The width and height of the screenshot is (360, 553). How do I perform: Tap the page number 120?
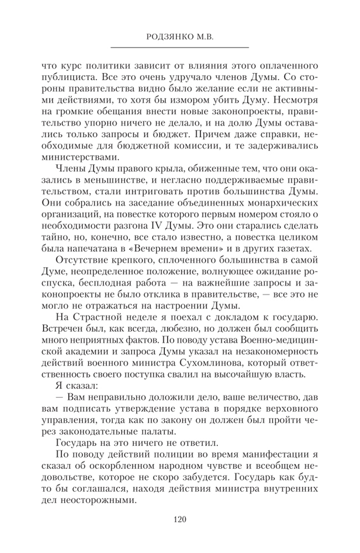pos(180,519)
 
